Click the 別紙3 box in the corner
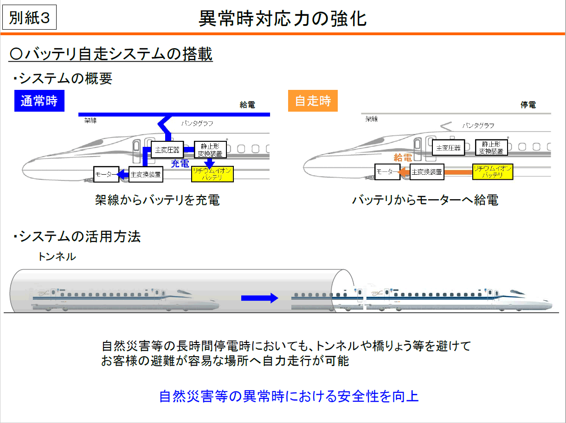[29, 19]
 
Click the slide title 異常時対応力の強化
[283, 19]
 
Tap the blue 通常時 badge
[39, 101]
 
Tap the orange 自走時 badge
[313, 101]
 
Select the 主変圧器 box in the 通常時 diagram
[167, 149]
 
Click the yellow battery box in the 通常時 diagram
[212, 174]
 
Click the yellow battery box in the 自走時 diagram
[492, 172]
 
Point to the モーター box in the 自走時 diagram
[386, 172]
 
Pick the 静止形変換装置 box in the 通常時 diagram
[210, 149]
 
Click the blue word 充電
[180, 163]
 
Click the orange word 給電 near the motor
[403, 158]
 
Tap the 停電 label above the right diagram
[528, 105]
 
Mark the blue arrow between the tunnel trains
[259, 298]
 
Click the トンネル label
[57, 256]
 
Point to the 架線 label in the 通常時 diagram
[90, 120]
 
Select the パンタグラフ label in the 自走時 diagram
[478, 126]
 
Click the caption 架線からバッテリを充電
[157, 200]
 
